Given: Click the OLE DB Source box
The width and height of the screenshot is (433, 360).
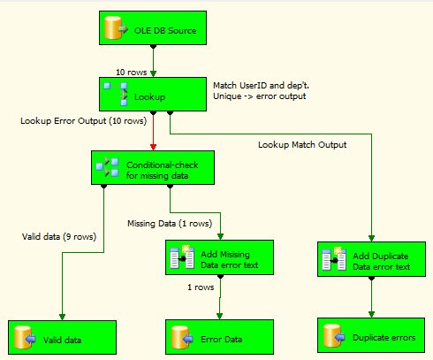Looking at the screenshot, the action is [153, 28].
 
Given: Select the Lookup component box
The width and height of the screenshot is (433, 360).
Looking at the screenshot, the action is [153, 95].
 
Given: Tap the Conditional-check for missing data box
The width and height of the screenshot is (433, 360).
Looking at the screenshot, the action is [153, 168].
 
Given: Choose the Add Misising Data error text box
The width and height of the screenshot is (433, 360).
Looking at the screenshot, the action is [219, 257].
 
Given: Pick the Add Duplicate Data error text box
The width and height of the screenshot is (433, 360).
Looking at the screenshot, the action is [371, 259].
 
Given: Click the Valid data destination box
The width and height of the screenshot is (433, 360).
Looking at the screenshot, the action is [62, 338].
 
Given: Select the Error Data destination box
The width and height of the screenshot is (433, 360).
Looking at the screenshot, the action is [219, 337].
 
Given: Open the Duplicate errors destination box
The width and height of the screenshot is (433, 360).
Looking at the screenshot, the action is [371, 335].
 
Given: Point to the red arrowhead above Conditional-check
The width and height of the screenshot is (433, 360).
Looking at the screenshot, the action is [153, 147].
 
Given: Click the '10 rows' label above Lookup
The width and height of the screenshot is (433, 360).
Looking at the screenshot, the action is [132, 73].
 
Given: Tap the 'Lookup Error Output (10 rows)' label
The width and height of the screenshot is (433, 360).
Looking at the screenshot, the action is [84, 121].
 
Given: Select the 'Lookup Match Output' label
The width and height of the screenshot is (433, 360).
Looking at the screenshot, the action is [302, 145].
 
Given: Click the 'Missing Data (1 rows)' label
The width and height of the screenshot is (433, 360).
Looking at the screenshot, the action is [170, 224].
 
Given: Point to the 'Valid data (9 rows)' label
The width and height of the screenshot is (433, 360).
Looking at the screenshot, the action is [59, 237].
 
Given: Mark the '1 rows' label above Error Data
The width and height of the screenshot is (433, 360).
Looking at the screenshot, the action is [201, 287].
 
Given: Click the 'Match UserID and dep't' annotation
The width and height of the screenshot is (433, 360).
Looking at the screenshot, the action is [261, 86].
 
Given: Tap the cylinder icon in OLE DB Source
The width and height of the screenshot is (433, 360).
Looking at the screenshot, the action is [113, 27].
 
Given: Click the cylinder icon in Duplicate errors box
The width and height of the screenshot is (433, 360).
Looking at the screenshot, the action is [332, 335].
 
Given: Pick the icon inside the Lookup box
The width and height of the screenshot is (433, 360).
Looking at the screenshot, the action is [116, 94].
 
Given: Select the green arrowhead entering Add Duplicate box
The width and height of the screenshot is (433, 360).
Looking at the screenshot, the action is [371, 238].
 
